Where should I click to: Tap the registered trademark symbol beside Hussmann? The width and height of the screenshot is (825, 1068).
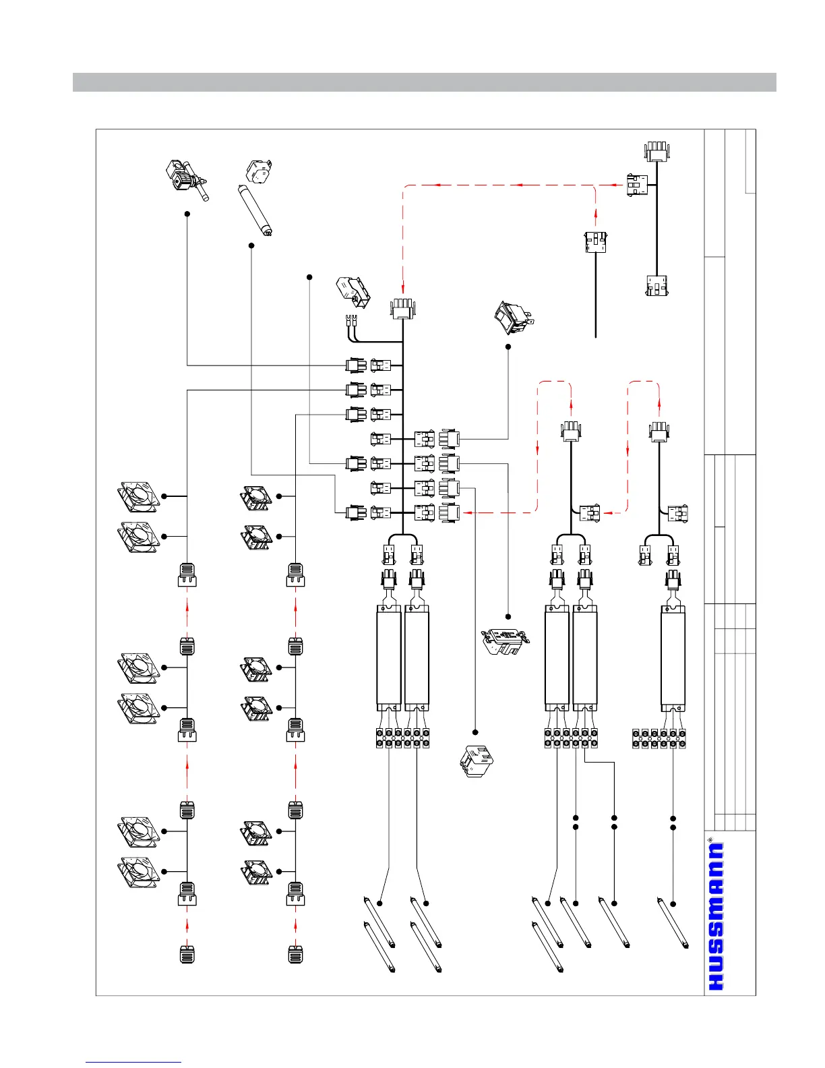(x=710, y=840)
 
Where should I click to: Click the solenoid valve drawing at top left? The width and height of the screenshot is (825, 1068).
(x=185, y=178)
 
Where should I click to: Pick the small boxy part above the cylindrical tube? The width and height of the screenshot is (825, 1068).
(x=259, y=172)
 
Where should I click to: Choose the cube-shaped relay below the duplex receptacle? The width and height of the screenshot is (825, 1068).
(x=477, y=762)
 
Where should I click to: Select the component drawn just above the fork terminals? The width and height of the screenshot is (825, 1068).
(x=353, y=291)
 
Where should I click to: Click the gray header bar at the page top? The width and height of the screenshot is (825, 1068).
(x=424, y=82)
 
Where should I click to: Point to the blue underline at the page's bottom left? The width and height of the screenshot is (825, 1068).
(x=133, y=1062)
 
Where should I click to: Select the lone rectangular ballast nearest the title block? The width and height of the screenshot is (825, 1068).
(x=673, y=657)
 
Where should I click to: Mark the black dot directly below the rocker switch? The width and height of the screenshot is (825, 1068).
(x=508, y=347)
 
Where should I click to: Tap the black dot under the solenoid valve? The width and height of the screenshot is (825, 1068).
(x=187, y=214)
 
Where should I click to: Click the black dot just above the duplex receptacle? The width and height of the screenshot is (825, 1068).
(x=508, y=616)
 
